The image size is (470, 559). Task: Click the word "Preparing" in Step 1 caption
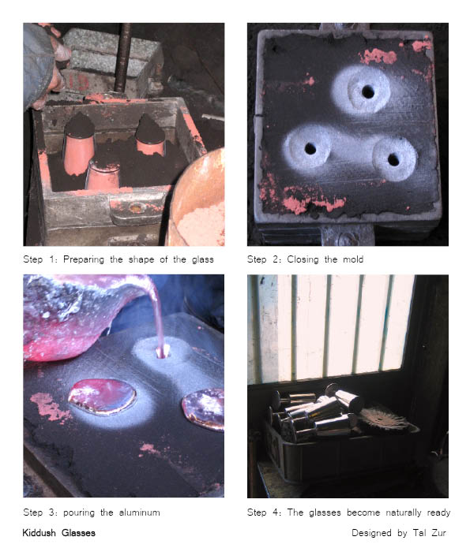coord(84,259)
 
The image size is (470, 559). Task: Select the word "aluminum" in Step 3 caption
coord(140,512)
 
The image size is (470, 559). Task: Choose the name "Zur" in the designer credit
coord(438,533)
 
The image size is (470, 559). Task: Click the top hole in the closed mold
coord(368,91)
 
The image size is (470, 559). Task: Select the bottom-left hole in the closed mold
coord(310,148)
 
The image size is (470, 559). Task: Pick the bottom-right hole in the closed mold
coord(393,160)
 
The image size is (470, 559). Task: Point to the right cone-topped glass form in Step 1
coord(150,135)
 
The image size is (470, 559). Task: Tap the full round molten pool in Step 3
coord(103,397)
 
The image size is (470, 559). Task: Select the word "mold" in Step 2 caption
coord(353,259)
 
